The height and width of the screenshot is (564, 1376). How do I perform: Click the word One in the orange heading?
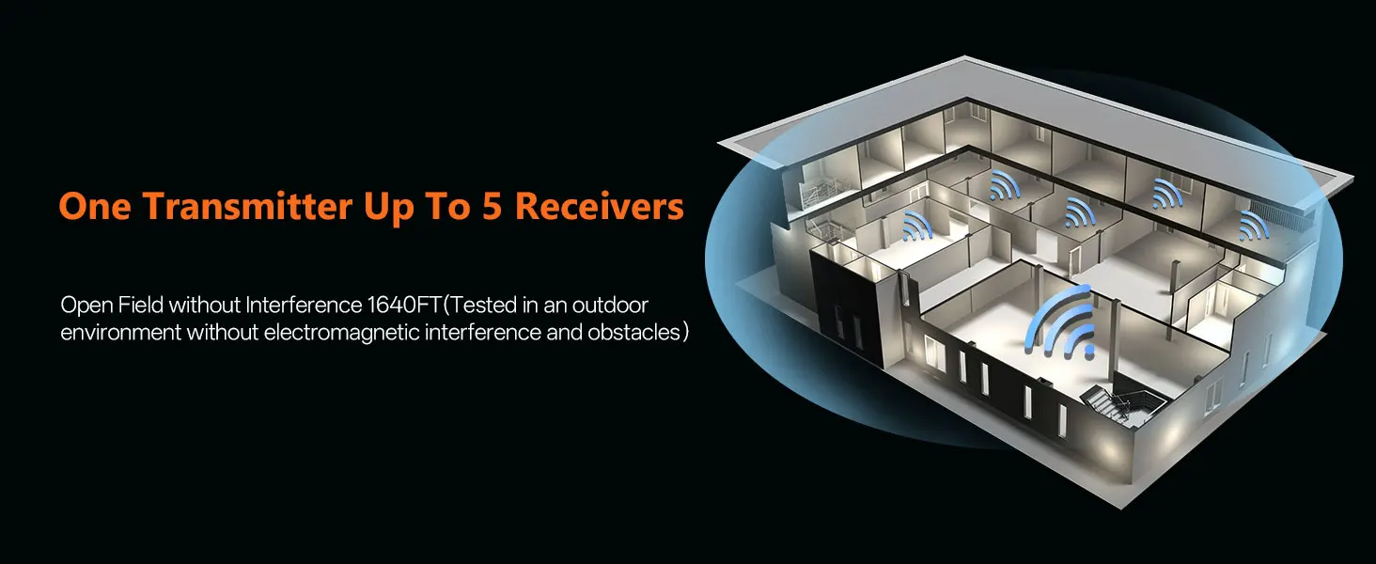click(95, 206)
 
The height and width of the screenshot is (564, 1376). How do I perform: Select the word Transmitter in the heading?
click(248, 206)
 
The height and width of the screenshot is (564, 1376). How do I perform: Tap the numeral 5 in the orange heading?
click(493, 206)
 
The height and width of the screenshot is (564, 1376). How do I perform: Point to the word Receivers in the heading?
click(600, 206)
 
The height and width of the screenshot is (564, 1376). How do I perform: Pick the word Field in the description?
click(141, 305)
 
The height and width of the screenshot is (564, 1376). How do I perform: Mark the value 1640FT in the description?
click(404, 305)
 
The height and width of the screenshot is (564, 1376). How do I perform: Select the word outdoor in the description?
click(610, 305)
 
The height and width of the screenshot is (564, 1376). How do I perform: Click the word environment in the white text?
click(121, 333)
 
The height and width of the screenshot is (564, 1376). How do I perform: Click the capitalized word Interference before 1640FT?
click(304, 305)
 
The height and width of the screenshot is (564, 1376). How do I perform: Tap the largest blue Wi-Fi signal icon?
click(1057, 323)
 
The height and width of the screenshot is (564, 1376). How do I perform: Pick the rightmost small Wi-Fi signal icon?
click(1252, 227)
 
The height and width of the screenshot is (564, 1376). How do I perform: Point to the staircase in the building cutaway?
click(1112, 406)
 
